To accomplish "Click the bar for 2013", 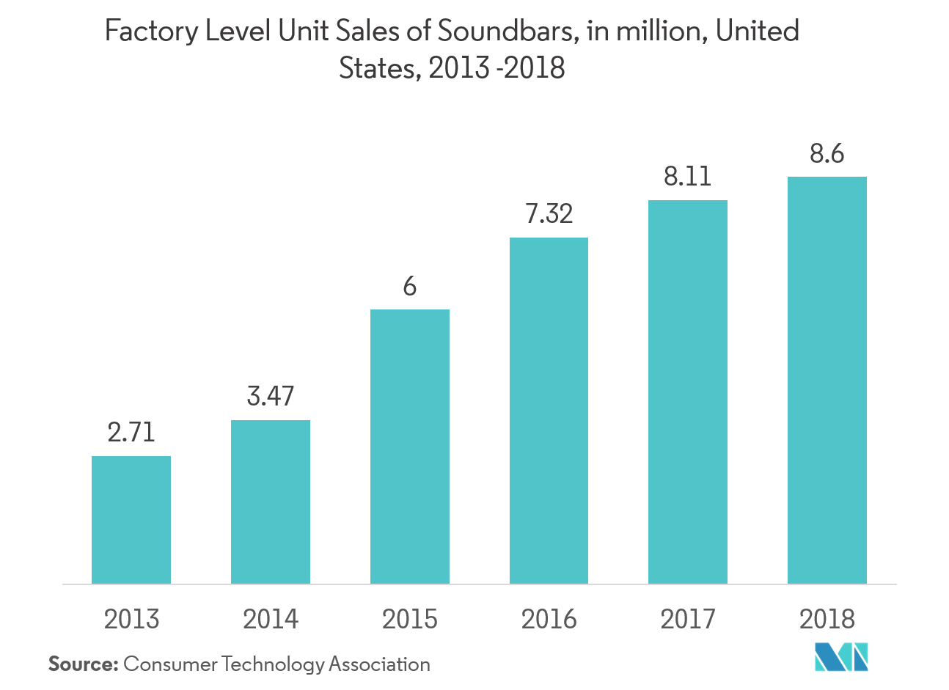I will tap(131, 520).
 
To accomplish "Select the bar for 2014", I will tap(271, 502).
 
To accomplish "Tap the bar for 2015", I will tap(410, 447).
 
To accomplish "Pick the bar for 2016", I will tap(549, 411).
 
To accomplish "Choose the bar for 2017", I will tap(688, 392).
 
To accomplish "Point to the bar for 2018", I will tap(827, 381).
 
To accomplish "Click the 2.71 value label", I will tap(131, 432).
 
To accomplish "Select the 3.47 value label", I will tap(271, 396).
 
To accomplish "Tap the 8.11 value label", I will tap(688, 177).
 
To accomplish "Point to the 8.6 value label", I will tap(827, 154).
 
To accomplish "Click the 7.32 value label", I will tap(549, 213).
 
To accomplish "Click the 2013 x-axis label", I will tap(131, 620).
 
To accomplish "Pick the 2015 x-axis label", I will tap(410, 620).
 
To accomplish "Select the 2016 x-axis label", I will tap(549, 620).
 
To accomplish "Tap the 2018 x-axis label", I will tap(827, 620).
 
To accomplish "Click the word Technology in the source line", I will tap(273, 665).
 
